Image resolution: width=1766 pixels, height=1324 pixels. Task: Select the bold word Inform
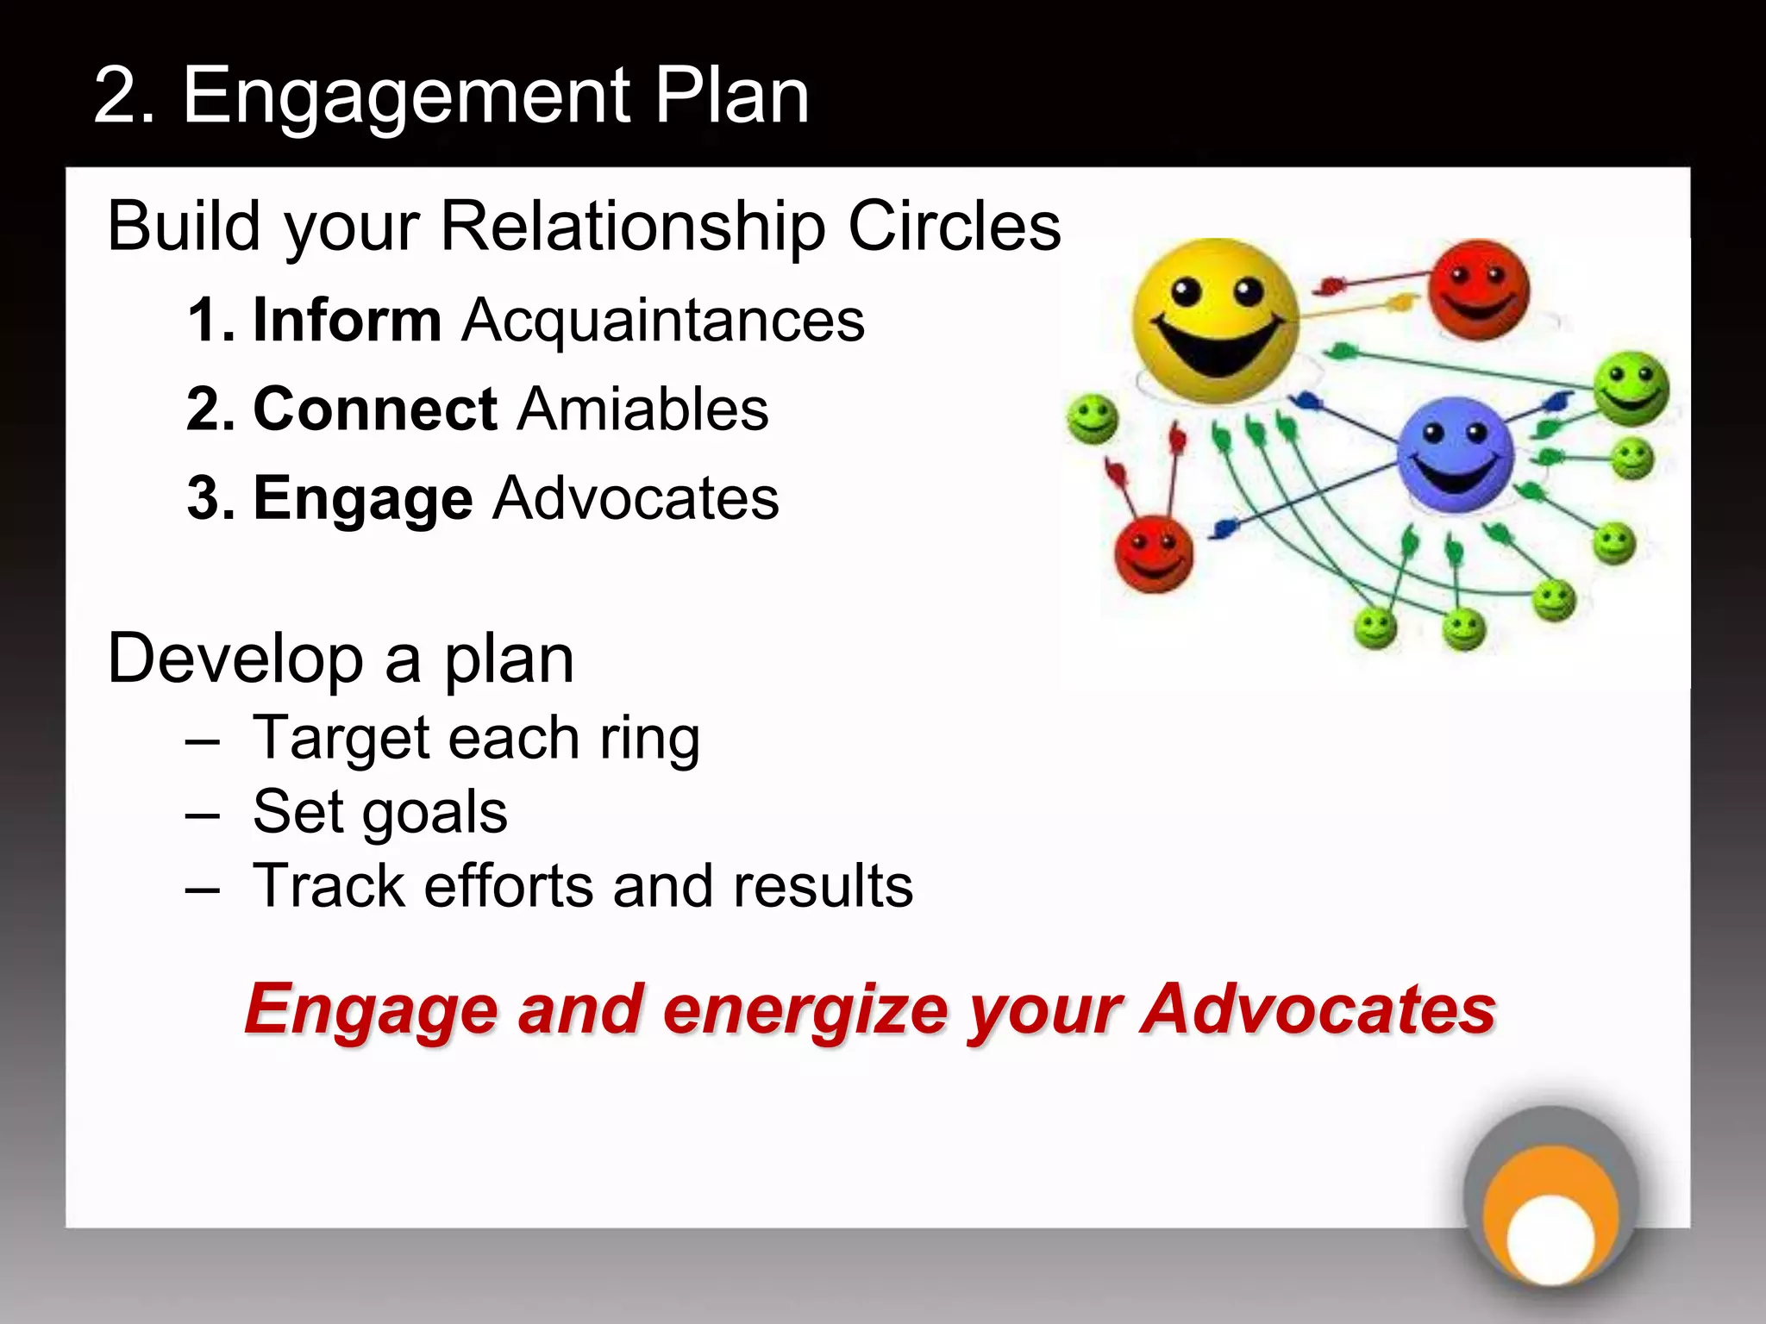point(347,321)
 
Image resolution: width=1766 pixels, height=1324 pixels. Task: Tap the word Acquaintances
point(662,321)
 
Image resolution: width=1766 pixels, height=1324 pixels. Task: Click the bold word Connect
point(375,409)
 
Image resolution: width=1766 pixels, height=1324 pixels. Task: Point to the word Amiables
point(642,409)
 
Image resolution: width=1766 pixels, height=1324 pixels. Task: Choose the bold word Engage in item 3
point(363,499)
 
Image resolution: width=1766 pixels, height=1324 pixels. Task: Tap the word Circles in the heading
point(954,227)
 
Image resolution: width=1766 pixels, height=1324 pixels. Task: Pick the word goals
point(435,814)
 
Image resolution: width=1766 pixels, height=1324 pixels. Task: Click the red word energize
point(805,1009)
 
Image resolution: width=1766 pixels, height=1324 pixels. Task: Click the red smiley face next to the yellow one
point(1478,290)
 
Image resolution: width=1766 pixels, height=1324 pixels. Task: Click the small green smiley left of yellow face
point(1092,420)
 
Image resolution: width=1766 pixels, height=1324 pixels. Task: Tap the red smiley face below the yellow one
point(1153,554)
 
